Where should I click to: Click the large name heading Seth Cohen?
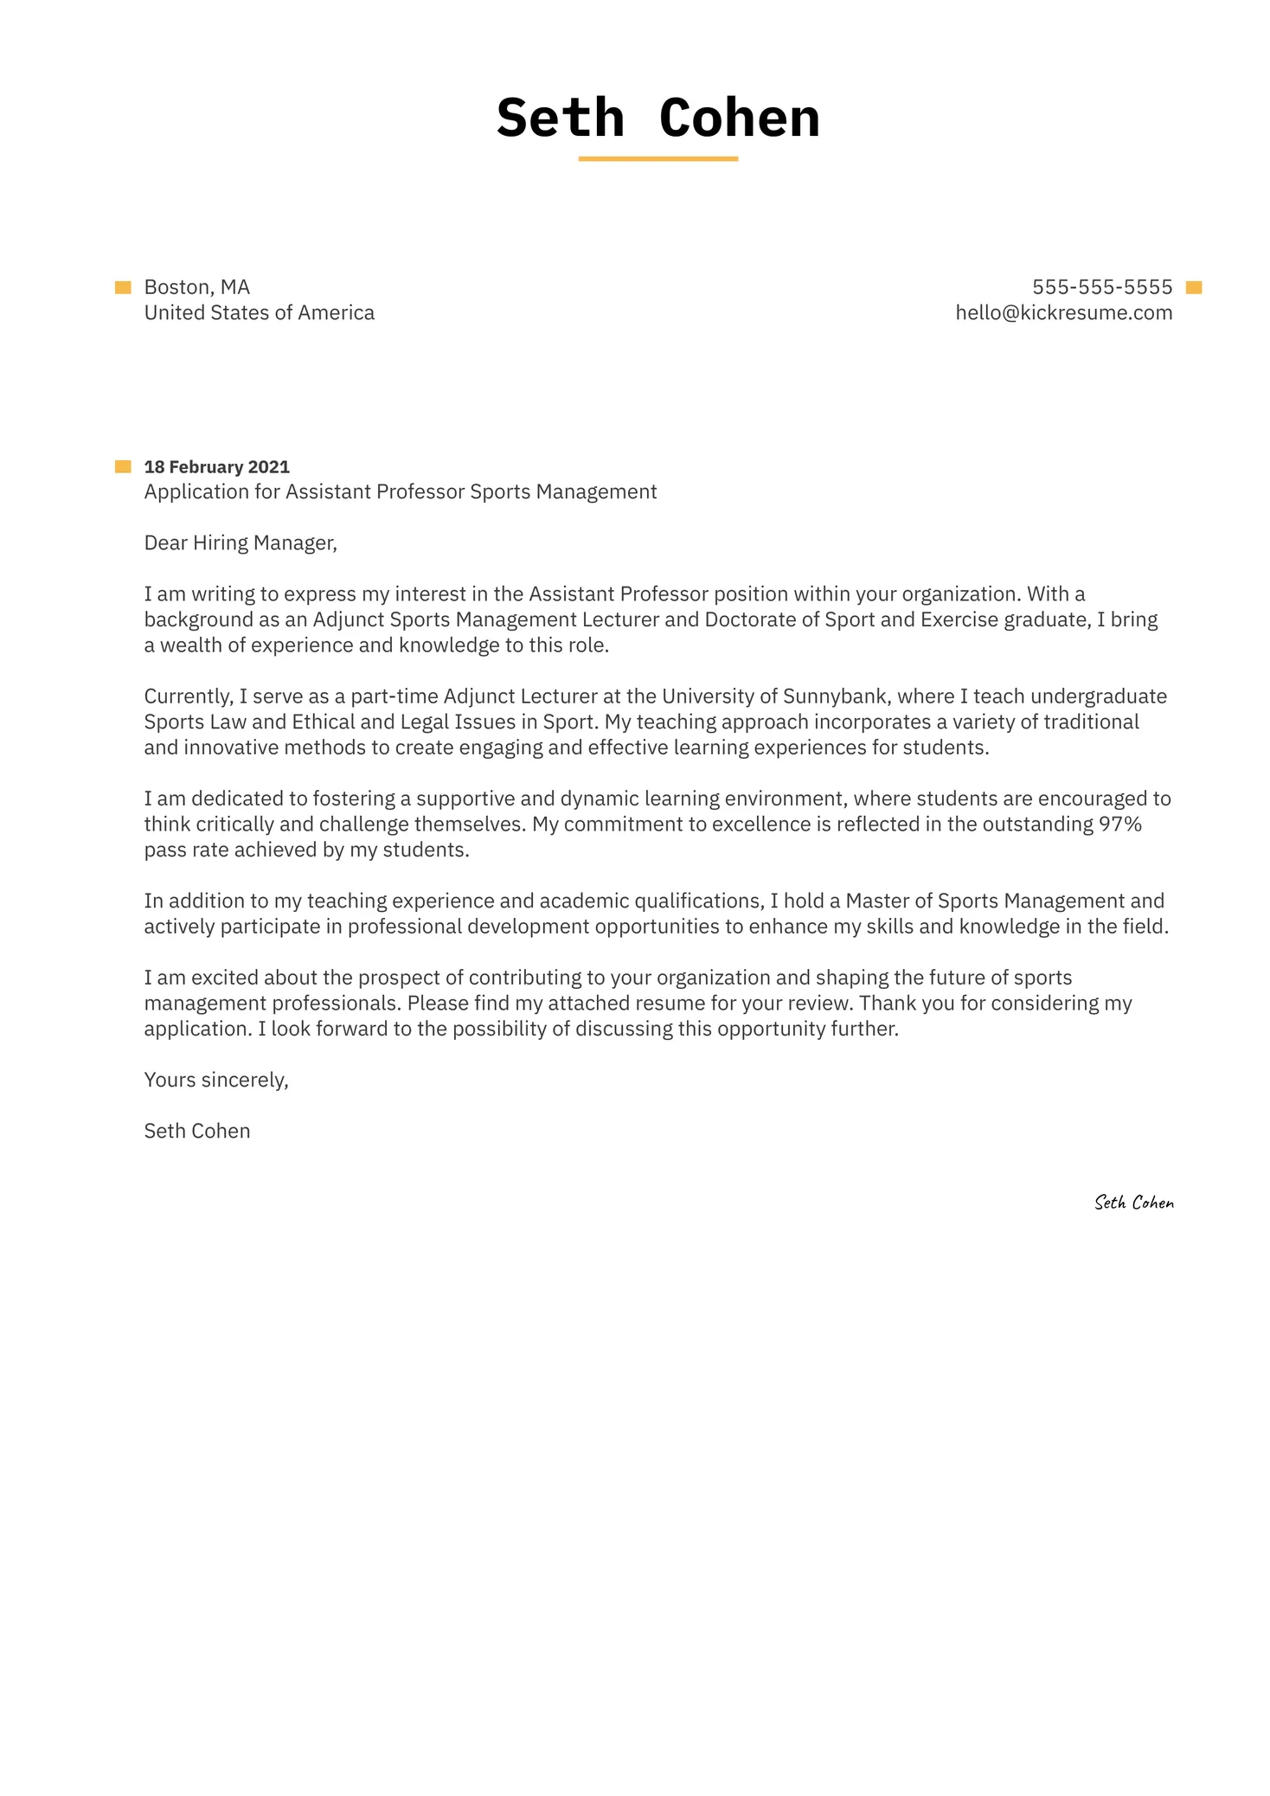coord(657,118)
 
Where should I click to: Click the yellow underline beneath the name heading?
coord(657,159)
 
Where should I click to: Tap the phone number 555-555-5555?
coord(1101,287)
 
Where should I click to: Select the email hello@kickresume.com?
coord(1063,313)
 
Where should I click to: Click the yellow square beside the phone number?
coord(1194,288)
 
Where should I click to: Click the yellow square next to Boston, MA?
coord(123,287)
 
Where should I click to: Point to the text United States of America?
coord(259,313)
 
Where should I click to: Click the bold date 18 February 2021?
coord(216,467)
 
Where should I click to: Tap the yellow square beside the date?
coord(123,467)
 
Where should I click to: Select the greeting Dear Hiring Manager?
coord(240,543)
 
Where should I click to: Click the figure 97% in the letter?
coord(1119,824)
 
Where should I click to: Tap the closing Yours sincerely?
coord(215,1081)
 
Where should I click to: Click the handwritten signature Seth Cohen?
coord(1133,1203)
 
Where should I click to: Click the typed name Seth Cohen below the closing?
coord(196,1132)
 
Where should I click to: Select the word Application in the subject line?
coord(196,492)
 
